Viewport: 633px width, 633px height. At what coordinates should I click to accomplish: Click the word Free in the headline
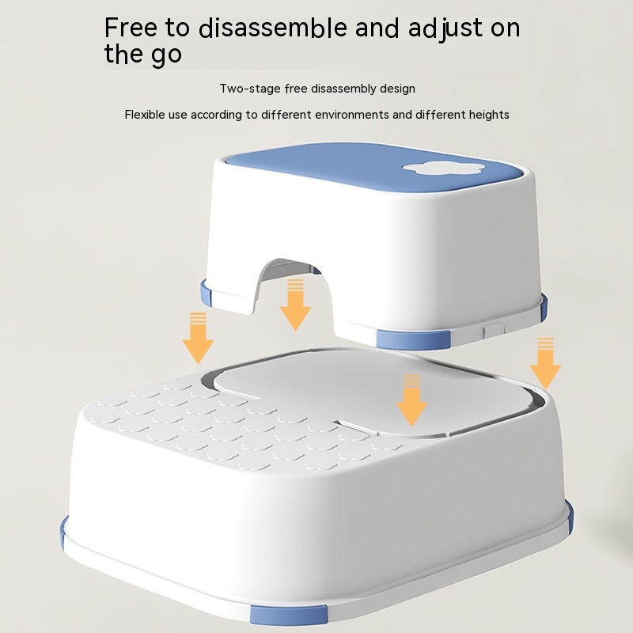(131, 28)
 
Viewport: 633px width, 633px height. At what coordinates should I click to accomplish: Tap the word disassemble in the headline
(273, 28)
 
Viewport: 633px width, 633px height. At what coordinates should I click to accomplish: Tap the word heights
(488, 115)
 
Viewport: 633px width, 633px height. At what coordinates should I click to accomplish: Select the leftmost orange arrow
(198, 338)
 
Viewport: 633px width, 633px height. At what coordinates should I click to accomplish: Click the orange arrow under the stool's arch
(295, 305)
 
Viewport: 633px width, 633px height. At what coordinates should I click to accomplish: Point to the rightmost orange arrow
(545, 363)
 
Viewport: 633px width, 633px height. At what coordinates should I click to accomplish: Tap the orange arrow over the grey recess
(411, 400)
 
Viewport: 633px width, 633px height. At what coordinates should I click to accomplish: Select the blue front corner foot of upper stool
(413, 339)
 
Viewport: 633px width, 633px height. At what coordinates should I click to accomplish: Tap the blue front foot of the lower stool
(288, 620)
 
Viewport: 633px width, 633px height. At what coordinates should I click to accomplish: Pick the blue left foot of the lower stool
(63, 533)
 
